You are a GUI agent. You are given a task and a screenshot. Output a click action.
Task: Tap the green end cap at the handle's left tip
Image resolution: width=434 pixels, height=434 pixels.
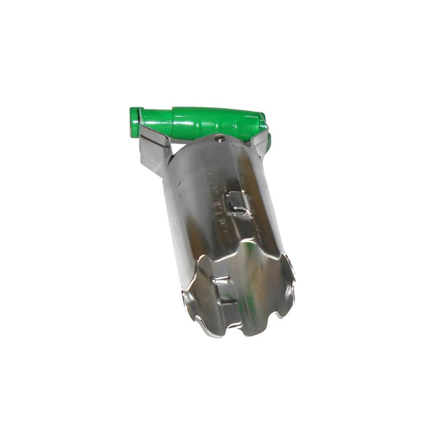pyautogui.click(x=135, y=122)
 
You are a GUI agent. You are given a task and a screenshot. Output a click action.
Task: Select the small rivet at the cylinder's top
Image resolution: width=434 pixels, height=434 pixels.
pyautogui.click(x=219, y=139)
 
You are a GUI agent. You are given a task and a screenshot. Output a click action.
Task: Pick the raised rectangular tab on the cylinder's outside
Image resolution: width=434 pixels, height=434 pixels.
pyautogui.click(x=239, y=203)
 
